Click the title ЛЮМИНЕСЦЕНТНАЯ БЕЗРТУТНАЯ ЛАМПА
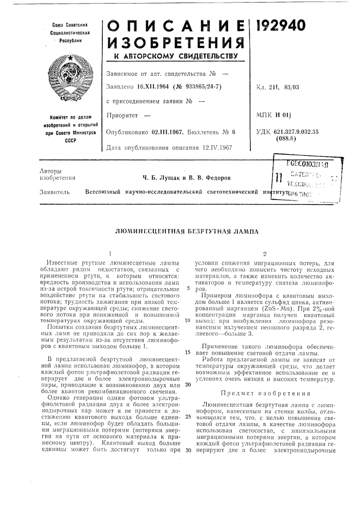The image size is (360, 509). coord(180,232)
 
